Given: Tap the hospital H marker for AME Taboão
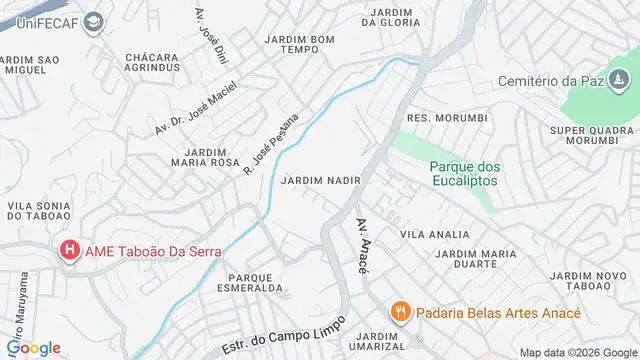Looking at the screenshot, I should [x=70, y=250].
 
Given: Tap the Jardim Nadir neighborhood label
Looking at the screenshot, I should [x=320, y=181].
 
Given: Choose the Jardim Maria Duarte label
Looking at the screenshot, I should [x=481, y=259].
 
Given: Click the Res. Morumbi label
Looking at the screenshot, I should [x=447, y=118].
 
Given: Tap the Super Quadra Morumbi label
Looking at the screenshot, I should [x=592, y=135].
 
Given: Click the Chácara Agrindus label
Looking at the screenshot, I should [x=152, y=63].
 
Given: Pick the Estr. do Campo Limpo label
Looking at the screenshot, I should [x=285, y=334].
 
